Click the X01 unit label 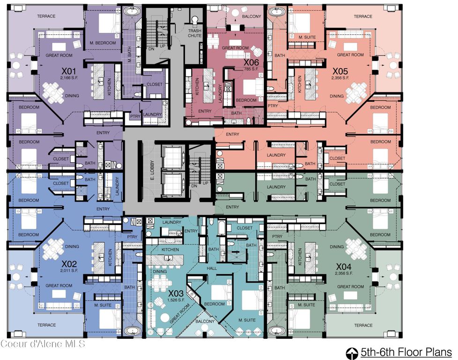tap(69, 71)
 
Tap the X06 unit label tap(251, 62)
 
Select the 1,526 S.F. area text tap(176, 300)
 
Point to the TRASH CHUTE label tap(195, 33)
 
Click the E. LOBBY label tap(152, 171)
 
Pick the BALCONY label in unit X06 tap(251, 17)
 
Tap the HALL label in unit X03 tap(212, 268)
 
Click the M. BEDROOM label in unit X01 tap(103, 43)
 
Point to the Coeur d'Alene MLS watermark tap(43, 343)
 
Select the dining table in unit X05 tap(356, 91)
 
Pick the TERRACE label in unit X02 tap(47, 325)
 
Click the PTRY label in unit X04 tap(277, 236)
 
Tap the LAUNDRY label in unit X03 tap(172, 222)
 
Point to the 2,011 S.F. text tap(69, 270)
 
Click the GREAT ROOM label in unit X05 tap(350, 55)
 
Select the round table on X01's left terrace tap(16, 65)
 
